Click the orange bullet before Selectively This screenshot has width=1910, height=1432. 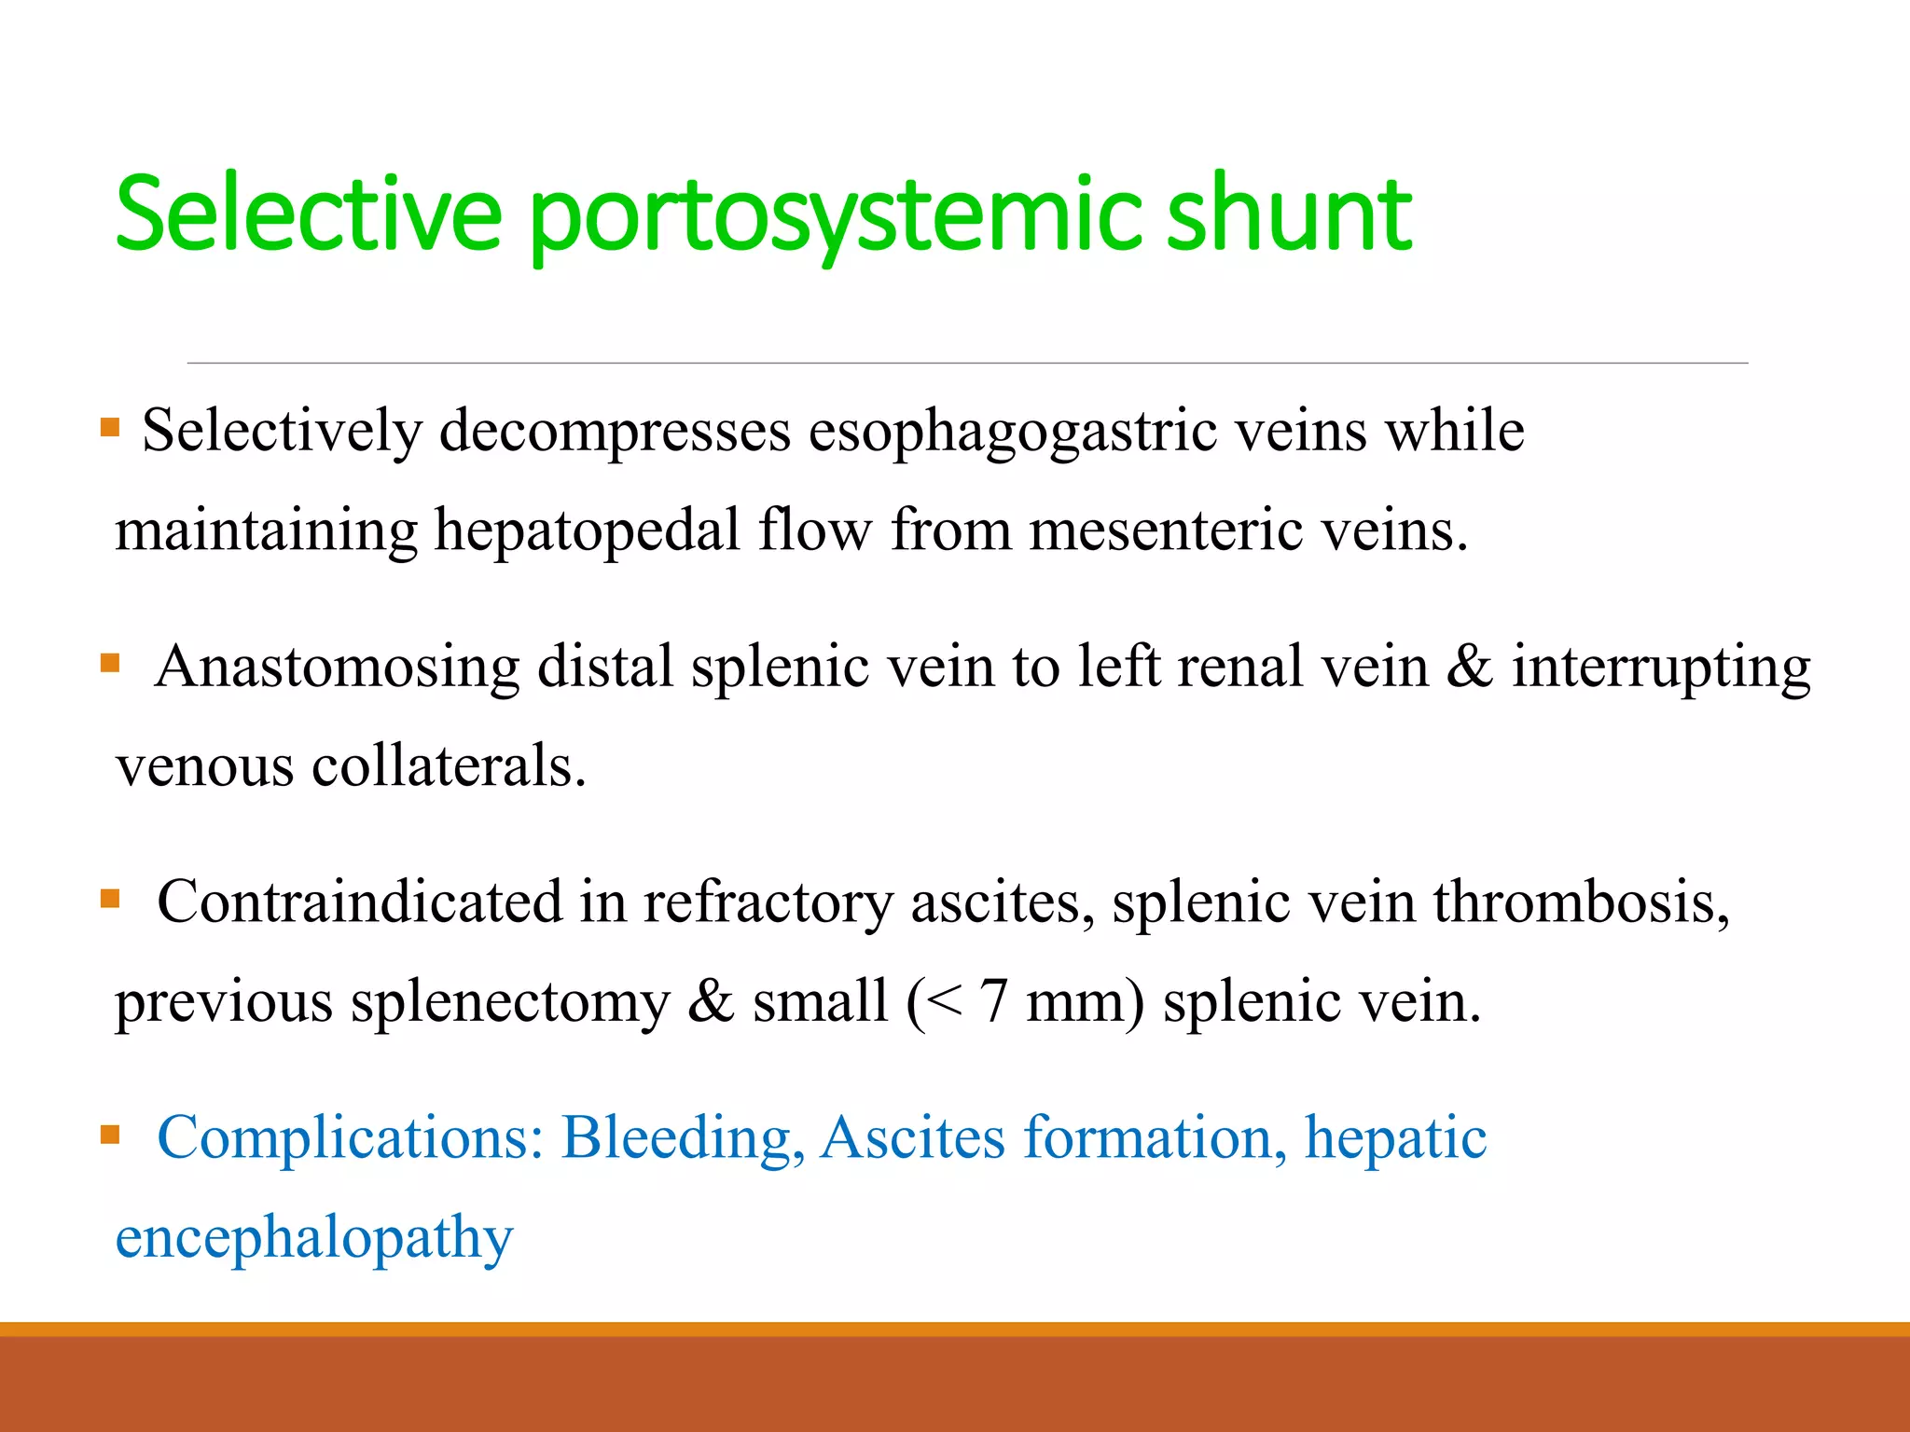(110, 428)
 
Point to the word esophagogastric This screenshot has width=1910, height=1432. (1012, 433)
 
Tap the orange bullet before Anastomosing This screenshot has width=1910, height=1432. (110, 664)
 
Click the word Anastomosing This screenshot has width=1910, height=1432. (338, 668)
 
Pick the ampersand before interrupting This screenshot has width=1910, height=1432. (1469, 668)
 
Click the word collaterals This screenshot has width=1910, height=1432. (449, 766)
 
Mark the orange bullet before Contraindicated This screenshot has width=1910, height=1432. (110, 899)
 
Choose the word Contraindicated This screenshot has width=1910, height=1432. (360, 903)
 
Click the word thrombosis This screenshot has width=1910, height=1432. (1582, 903)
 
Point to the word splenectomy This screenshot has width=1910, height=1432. (510, 1003)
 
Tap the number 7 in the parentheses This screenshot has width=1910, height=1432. (993, 1001)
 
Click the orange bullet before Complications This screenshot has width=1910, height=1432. (110, 1135)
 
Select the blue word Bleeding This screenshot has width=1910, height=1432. (683, 1139)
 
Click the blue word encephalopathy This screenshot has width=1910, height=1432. (314, 1239)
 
